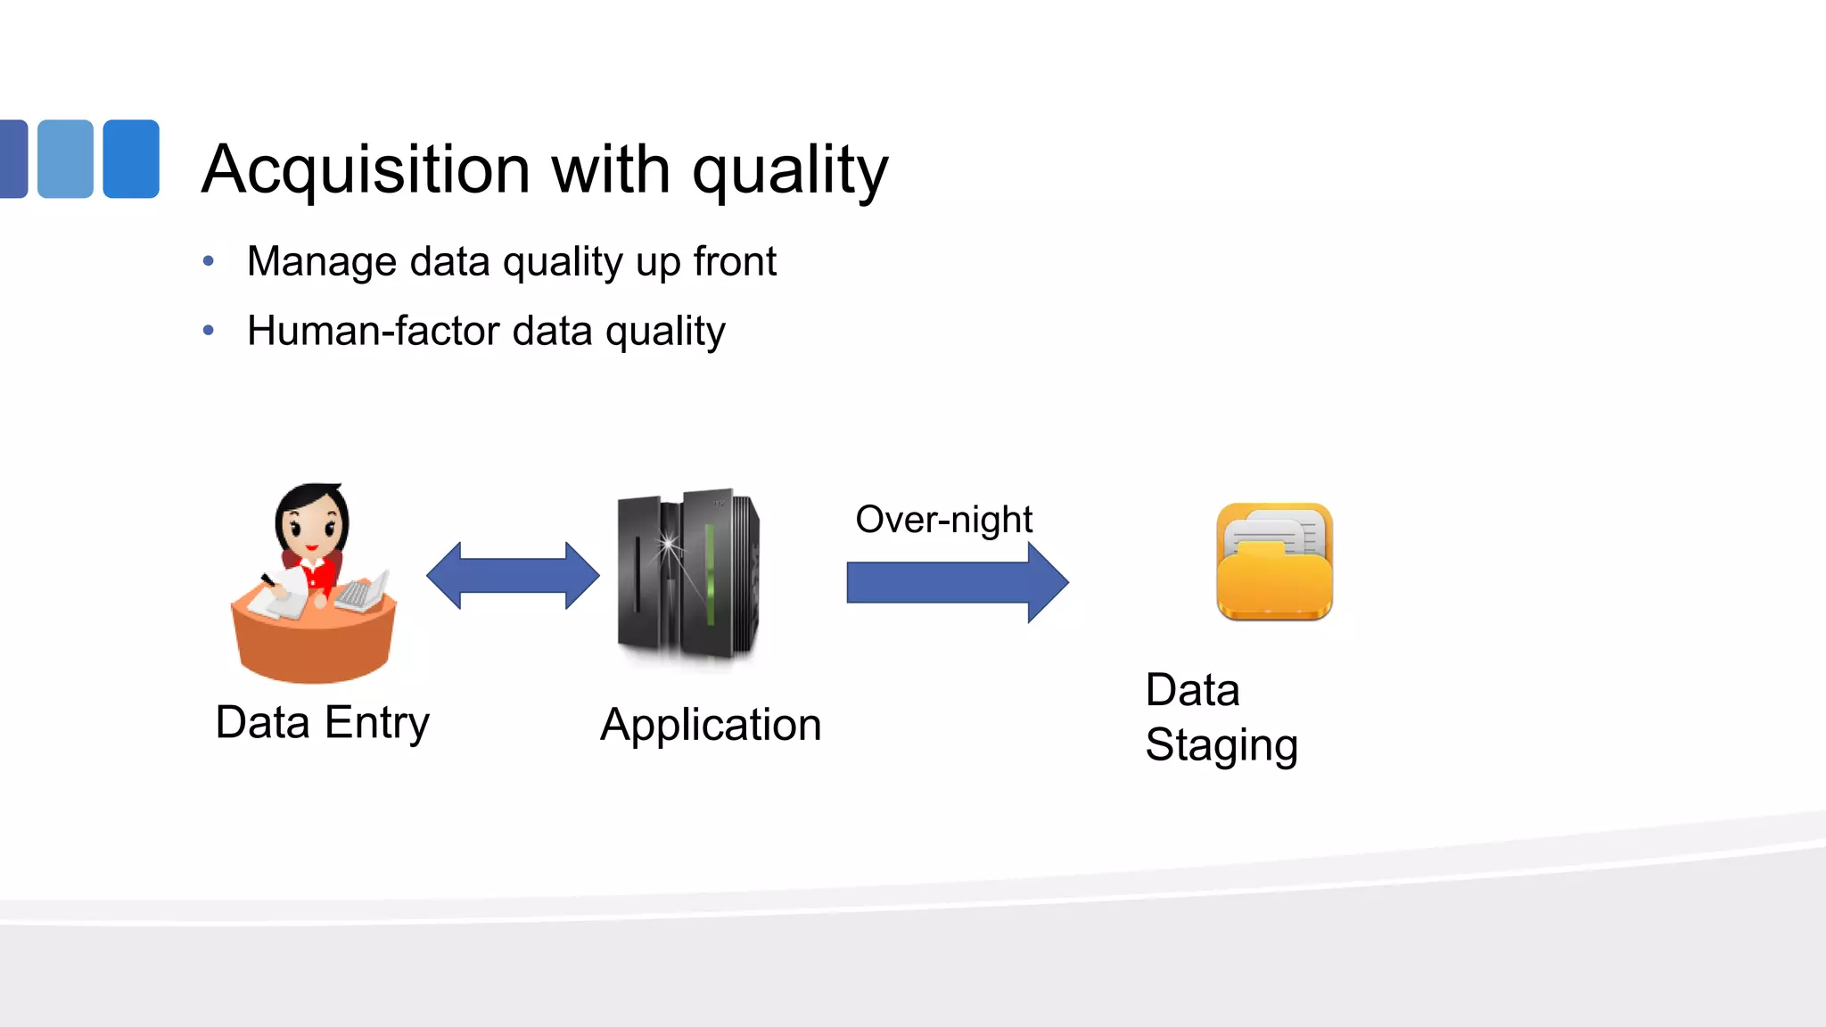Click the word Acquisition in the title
pyautogui.click(x=366, y=169)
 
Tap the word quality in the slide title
pyautogui.click(x=790, y=171)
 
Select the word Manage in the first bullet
pyautogui.click(x=322, y=262)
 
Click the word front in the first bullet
pyautogui.click(x=735, y=261)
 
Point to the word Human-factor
pyautogui.click(x=372, y=331)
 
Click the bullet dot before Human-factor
pyautogui.click(x=209, y=331)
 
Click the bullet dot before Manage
pyautogui.click(x=209, y=261)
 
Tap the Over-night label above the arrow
pyautogui.click(x=943, y=519)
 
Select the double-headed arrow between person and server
pyautogui.click(x=513, y=576)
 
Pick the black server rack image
pyautogui.click(x=687, y=575)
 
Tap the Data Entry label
pyautogui.click(x=322, y=722)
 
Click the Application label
pyautogui.click(x=711, y=725)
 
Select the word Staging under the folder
pyautogui.click(x=1221, y=745)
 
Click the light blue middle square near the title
pyautogui.click(x=65, y=159)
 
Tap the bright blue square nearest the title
pyautogui.click(x=131, y=159)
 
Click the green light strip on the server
pyautogui.click(x=710, y=575)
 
